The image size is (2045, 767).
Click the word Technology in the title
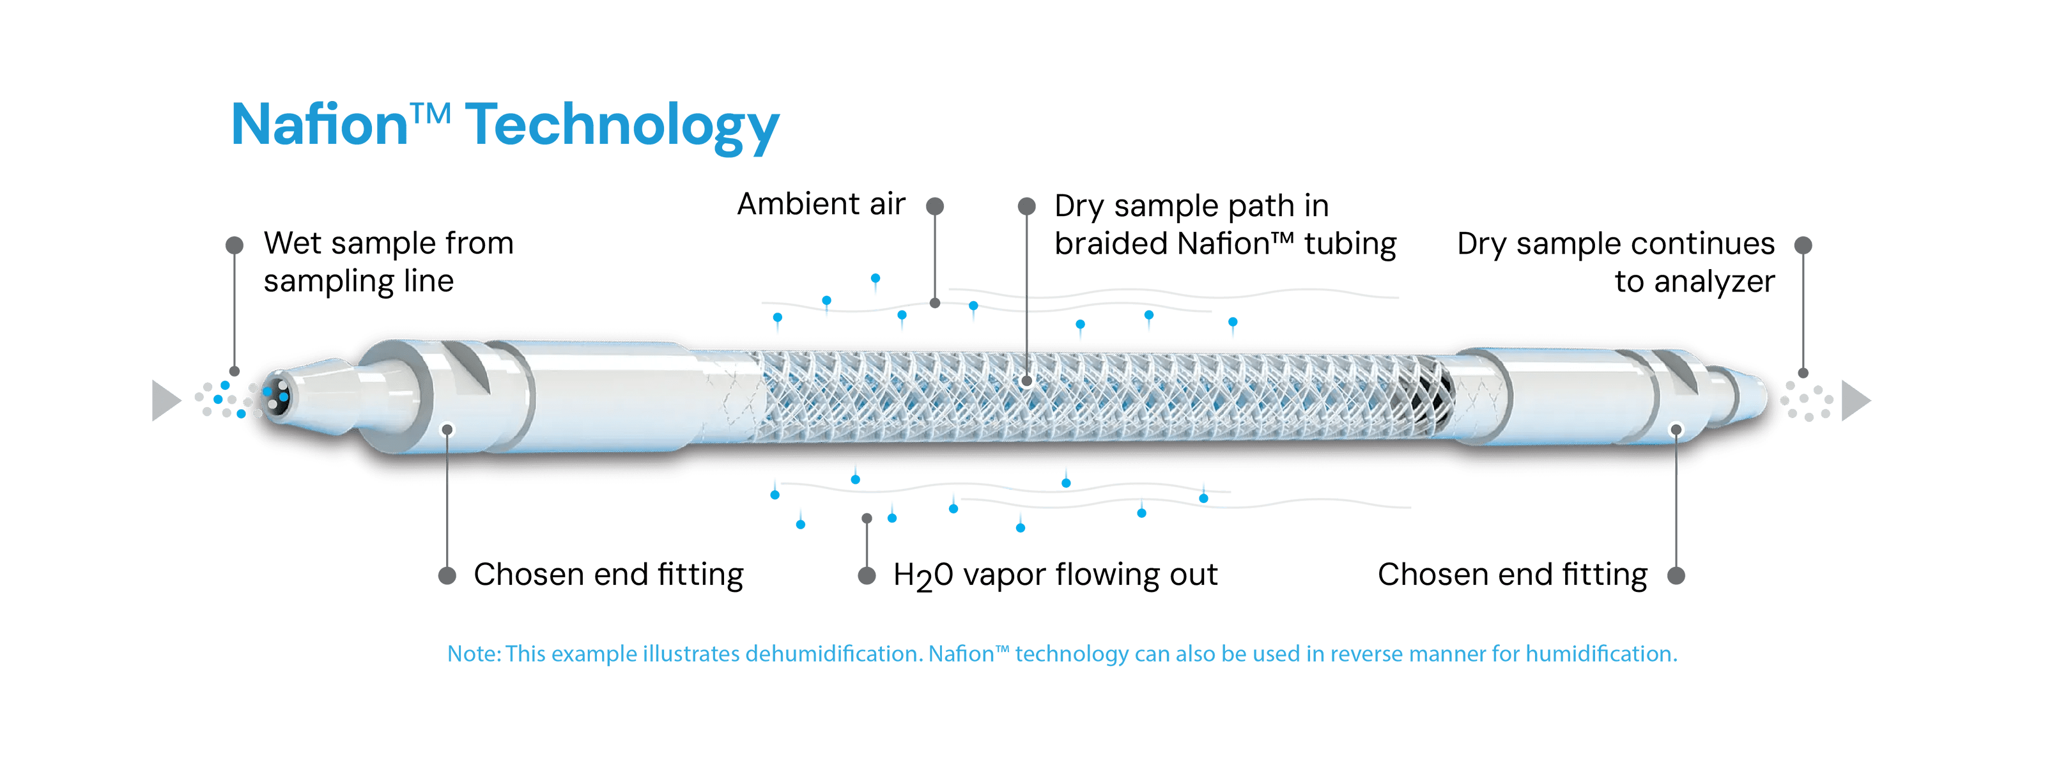622,125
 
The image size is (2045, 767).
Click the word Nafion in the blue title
319,125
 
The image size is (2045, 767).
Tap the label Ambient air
820,205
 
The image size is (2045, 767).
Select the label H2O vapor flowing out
1054,575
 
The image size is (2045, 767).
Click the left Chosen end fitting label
607,574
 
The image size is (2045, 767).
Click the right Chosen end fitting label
1511,574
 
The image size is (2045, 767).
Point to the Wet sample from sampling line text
388,261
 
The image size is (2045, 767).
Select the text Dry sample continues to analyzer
1616,262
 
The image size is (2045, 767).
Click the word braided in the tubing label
1111,244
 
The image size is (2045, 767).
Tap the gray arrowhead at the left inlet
165,400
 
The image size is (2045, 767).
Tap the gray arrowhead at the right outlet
1855,400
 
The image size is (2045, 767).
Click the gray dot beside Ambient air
935,206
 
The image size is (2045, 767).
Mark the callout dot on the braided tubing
1026,381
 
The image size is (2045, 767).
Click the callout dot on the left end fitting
448,430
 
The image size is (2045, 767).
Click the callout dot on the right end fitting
1676,430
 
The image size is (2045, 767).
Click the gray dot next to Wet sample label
234,245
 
